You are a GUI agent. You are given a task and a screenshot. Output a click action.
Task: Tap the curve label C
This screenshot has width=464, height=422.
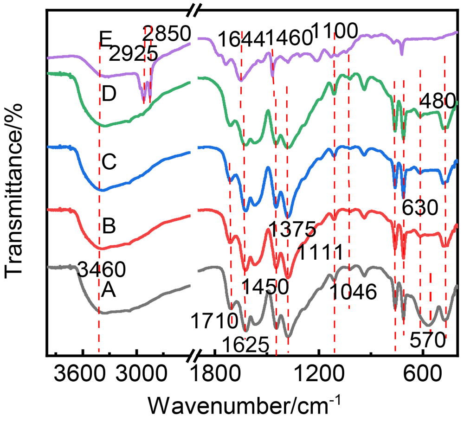109,162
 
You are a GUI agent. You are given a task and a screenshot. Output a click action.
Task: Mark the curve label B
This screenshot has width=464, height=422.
109,227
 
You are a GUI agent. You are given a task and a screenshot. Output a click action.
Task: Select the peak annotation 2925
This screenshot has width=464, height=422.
133,54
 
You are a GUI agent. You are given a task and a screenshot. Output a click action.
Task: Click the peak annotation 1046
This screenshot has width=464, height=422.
353,292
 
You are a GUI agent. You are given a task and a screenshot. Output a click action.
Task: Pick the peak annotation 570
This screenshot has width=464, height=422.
428,342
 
